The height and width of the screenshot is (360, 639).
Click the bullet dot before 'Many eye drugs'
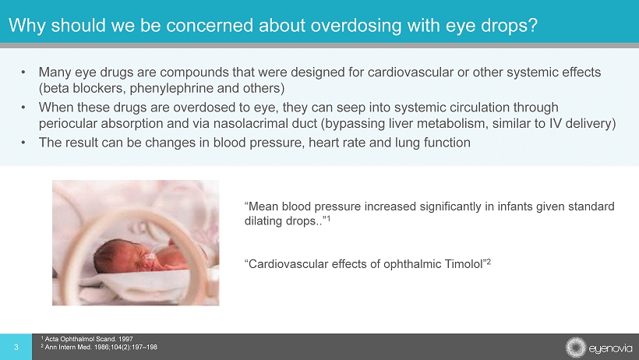tap(23, 72)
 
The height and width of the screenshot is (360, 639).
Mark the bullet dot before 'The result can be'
tap(23, 143)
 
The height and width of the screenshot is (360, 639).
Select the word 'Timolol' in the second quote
tap(464, 264)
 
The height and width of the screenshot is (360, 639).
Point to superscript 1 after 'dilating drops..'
tap(328, 218)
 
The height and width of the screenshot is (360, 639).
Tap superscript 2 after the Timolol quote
tap(489, 262)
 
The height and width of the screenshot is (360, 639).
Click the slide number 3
tap(16, 348)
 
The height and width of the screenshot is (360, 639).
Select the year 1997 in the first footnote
tap(125, 339)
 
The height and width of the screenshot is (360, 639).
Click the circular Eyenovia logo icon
tap(576, 348)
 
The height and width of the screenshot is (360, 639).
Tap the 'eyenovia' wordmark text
tap(610, 348)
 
